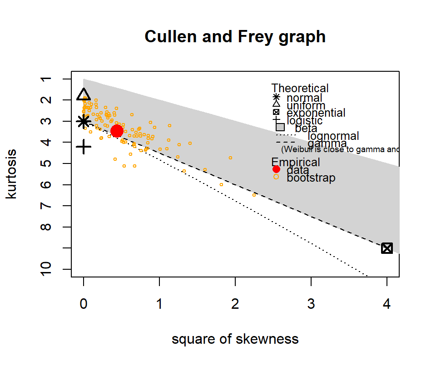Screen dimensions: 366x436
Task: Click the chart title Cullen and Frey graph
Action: click(x=235, y=37)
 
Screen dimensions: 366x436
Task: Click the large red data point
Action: click(x=117, y=131)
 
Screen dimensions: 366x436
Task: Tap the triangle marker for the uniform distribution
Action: click(x=84, y=94)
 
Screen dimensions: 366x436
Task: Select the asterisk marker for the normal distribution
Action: click(x=84, y=122)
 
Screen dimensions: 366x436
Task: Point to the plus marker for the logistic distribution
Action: click(x=84, y=147)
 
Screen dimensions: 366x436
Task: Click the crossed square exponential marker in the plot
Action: click(x=387, y=248)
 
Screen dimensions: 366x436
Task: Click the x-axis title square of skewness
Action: click(x=235, y=339)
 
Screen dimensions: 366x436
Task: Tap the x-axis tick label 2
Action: click(x=235, y=305)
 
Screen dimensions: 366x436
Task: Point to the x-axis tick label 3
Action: click(x=311, y=305)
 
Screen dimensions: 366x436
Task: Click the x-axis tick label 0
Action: click(x=84, y=305)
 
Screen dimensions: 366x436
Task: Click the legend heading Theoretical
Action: click(x=300, y=89)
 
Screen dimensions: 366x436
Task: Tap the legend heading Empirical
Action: click(x=296, y=162)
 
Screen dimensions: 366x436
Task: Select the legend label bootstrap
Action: click(x=311, y=178)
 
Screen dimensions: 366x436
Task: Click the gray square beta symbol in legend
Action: click(x=280, y=127)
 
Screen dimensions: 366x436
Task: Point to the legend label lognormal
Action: click(x=333, y=136)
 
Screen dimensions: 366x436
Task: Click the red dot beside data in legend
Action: click(x=276, y=169)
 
